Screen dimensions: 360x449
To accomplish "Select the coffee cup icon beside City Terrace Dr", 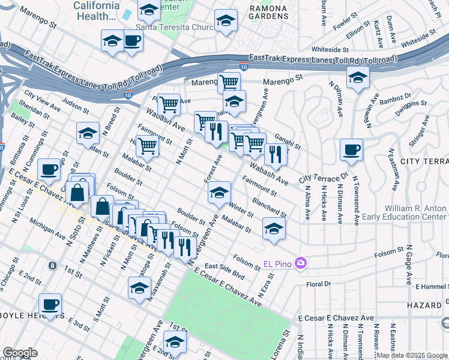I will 351,150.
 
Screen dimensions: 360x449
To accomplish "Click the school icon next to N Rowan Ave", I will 358,77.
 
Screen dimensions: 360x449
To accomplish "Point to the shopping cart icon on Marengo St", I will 229,82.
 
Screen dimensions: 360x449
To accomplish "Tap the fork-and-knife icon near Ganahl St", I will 276,154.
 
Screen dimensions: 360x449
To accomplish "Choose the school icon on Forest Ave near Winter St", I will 220,193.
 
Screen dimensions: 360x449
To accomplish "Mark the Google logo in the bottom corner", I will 20,353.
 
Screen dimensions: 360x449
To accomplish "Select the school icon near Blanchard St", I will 273,228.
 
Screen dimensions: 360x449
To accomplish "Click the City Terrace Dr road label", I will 324,178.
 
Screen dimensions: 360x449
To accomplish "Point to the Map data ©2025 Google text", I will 412,355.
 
